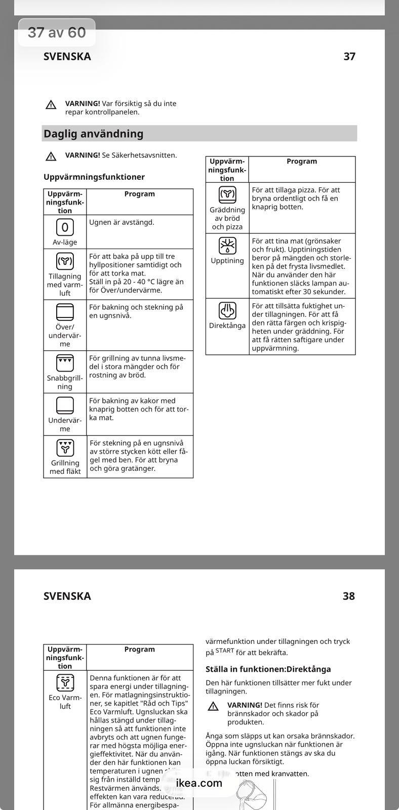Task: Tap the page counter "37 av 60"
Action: [x=57, y=33]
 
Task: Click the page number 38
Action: [x=349, y=596]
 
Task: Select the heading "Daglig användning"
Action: [x=94, y=134]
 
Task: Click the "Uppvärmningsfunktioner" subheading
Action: [x=94, y=177]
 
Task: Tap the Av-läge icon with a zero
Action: [x=65, y=227]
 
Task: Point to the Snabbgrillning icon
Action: [x=65, y=363]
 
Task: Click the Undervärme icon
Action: [x=65, y=406]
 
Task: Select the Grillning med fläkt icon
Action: [x=65, y=448]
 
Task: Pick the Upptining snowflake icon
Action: [x=227, y=246]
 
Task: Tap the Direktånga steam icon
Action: [x=227, y=310]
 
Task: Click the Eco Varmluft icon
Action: [x=65, y=682]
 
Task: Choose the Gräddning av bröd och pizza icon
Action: [x=227, y=194]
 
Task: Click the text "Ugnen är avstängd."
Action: [x=122, y=222]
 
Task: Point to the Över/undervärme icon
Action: [x=65, y=312]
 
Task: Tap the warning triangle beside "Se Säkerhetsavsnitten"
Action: [x=51, y=156]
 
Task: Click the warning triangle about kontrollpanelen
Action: [x=51, y=105]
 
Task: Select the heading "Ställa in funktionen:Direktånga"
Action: [x=268, y=669]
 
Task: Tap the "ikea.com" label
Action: [x=199, y=783]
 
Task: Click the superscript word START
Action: [x=225, y=651]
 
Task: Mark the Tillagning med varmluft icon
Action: [x=65, y=261]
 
